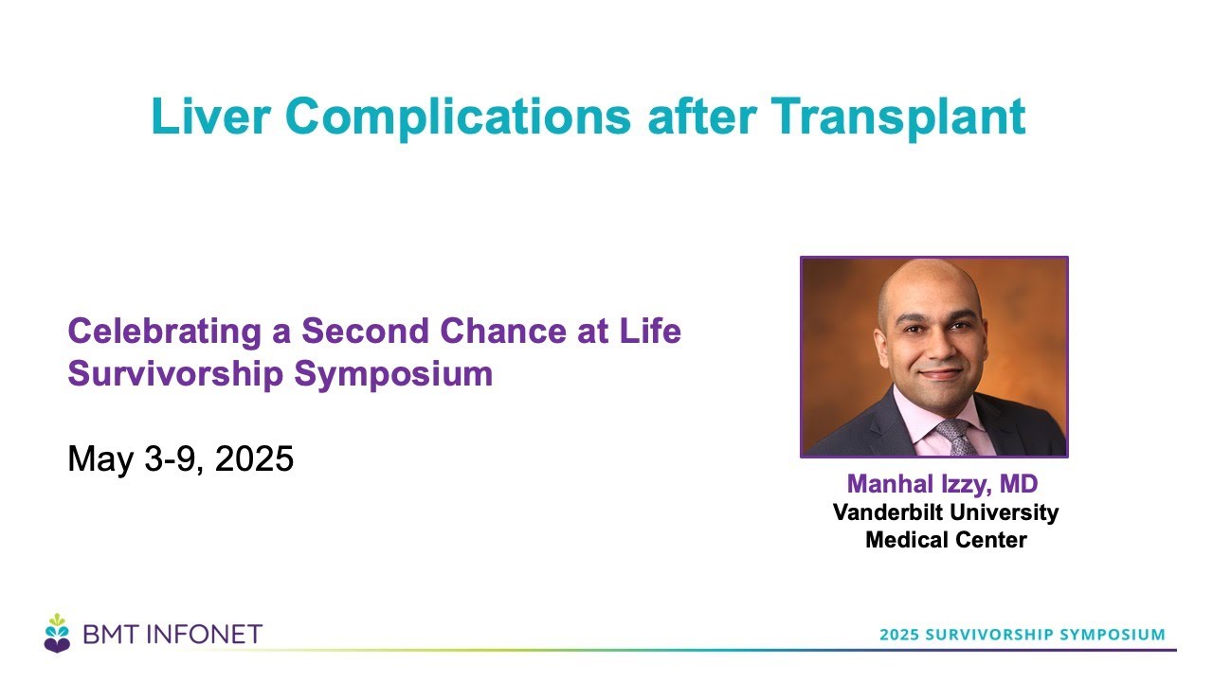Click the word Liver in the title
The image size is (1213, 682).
[210, 116]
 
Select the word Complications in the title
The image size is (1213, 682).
[458, 118]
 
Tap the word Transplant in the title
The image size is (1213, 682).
[897, 118]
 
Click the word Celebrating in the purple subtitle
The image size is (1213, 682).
[165, 332]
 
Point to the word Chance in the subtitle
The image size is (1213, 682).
[503, 331]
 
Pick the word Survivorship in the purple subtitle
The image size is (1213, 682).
[175, 374]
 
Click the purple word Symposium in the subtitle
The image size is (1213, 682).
[393, 374]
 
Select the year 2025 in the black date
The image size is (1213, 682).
[254, 458]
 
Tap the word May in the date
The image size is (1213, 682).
[100, 460]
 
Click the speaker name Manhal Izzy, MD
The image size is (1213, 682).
[942, 484]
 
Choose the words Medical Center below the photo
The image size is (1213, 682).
[946, 540]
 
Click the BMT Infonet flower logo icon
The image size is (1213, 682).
[57, 633]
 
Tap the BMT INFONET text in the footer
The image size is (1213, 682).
[172, 635]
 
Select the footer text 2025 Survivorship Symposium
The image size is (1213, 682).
[1023, 635]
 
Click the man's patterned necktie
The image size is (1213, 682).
[956, 438]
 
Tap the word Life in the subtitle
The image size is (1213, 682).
[650, 331]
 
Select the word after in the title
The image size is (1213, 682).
[702, 117]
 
